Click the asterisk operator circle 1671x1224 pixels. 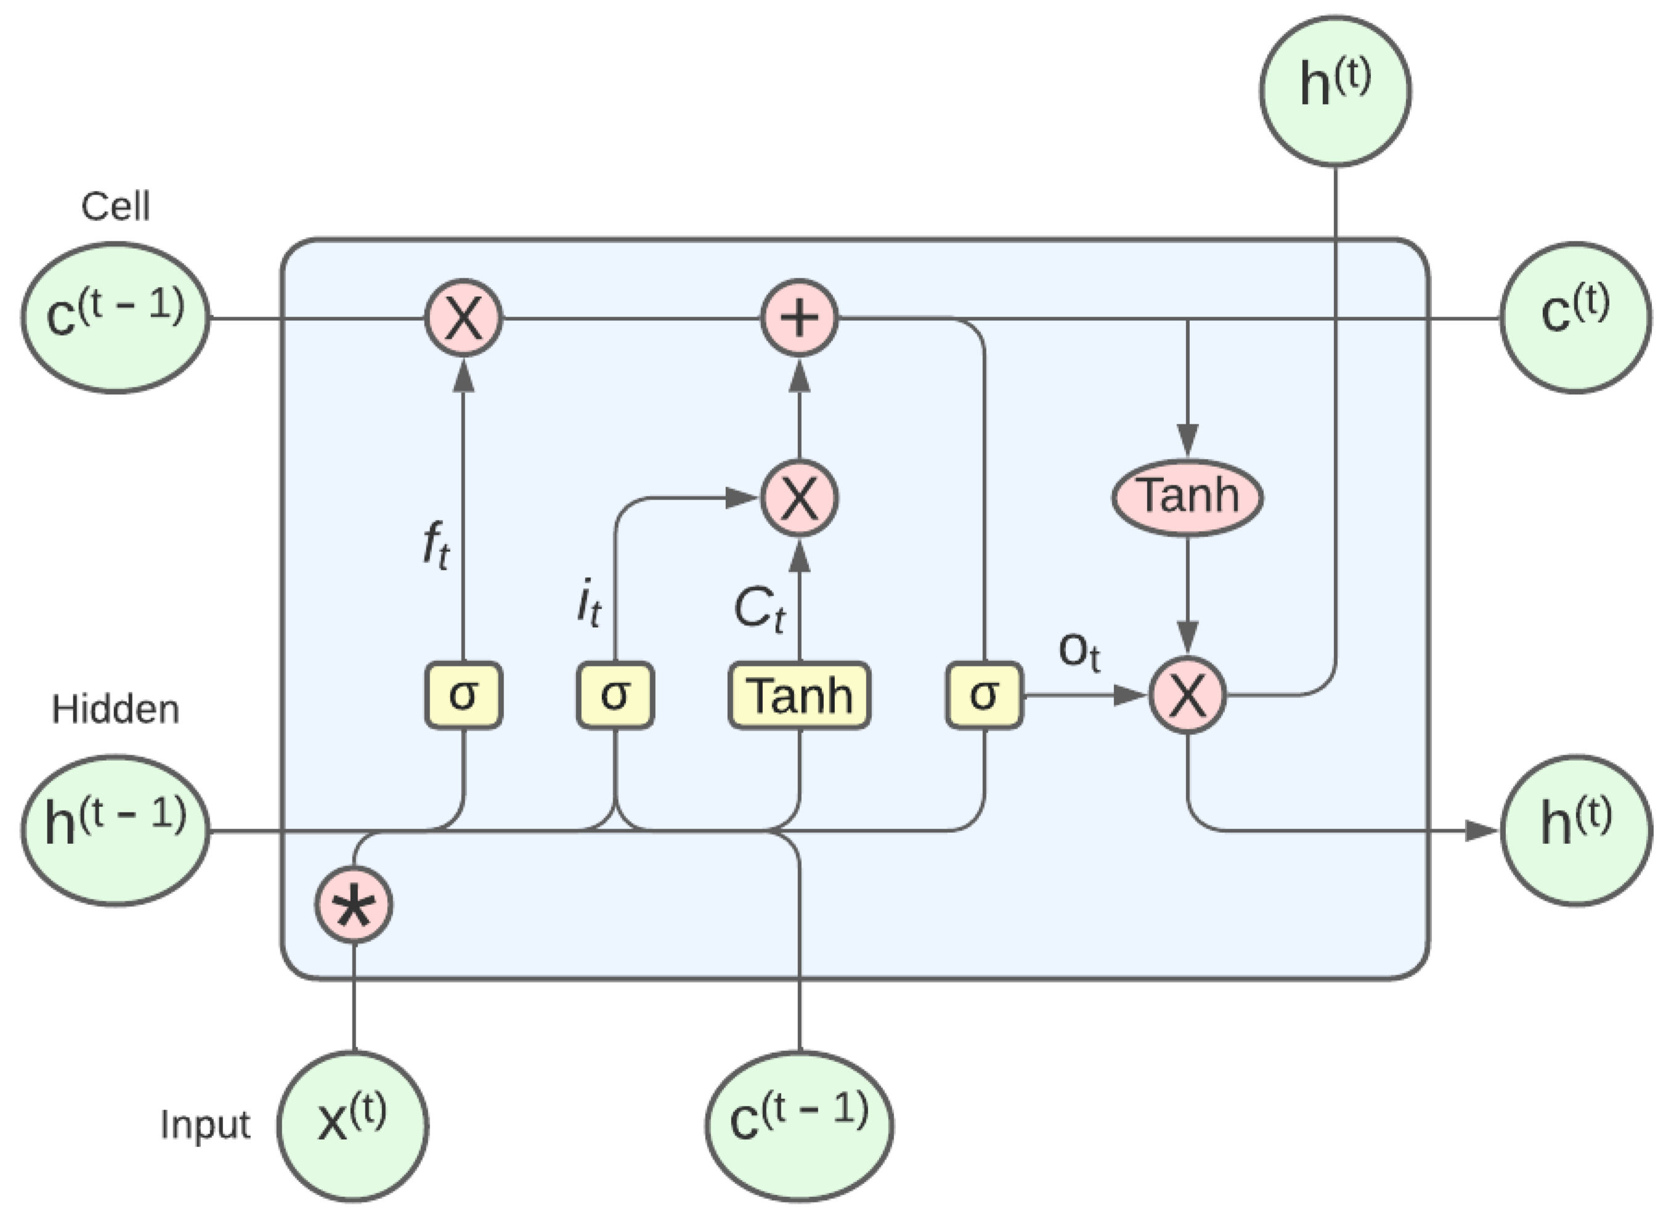coord(354,906)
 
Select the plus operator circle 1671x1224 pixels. coord(800,318)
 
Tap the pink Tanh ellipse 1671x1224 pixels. coord(1187,496)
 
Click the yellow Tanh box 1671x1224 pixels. coord(800,695)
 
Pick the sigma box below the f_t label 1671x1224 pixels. coord(463,695)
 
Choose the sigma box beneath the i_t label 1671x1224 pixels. coord(615,695)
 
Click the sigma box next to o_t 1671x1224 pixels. coord(983,695)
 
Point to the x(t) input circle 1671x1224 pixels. coord(352,1126)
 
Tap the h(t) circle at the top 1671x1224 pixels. coord(1335,90)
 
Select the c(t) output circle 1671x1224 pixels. coord(1575,318)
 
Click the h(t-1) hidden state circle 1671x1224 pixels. coord(115,830)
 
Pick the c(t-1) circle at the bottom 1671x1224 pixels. coord(799,1126)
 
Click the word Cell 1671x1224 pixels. coord(115,207)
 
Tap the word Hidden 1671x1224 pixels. coord(115,710)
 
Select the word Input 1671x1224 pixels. coord(205,1125)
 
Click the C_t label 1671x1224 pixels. coord(758,610)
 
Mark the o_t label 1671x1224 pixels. coord(1079,652)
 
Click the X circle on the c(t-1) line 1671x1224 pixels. coord(463,318)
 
